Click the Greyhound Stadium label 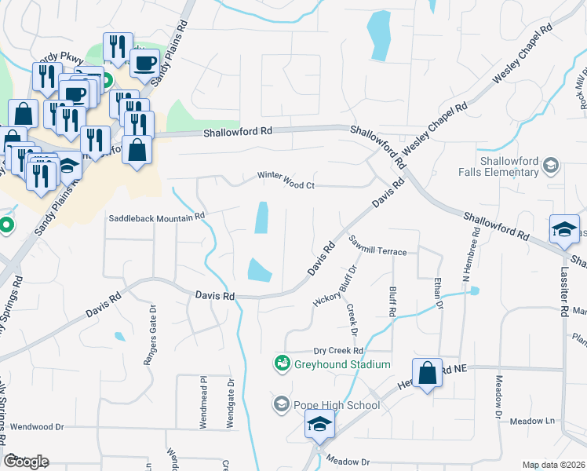(x=342, y=364)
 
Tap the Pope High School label (x=337, y=405)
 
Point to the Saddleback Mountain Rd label (x=156, y=215)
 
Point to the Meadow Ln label (x=533, y=421)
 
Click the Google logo (x=27, y=462)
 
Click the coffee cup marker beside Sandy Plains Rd (x=144, y=63)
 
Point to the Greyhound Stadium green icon (x=282, y=363)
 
